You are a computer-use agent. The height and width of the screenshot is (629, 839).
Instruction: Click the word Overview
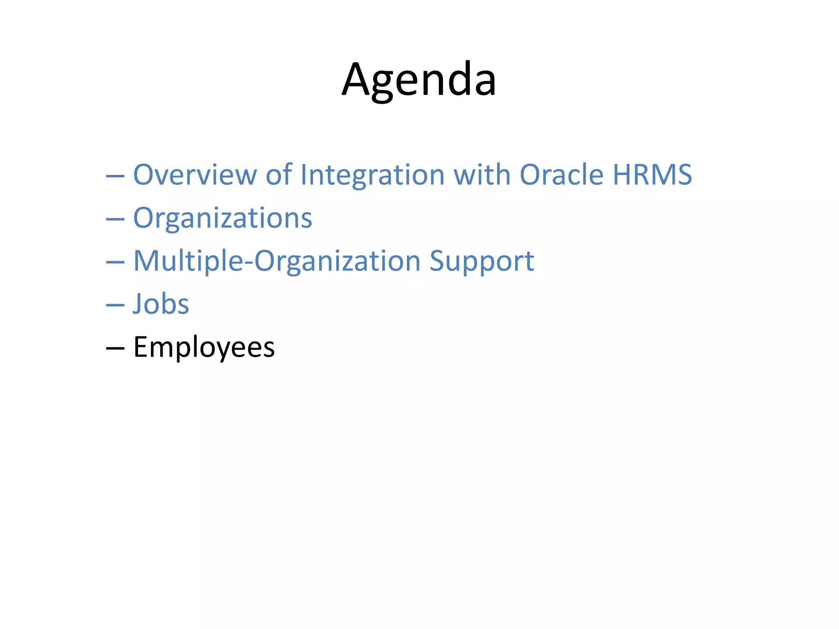click(x=195, y=175)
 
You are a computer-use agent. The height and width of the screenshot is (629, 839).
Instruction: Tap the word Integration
click(x=372, y=175)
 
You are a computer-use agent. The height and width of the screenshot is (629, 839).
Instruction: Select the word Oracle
click(x=562, y=175)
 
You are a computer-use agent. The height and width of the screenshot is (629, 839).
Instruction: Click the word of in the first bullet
click(x=279, y=175)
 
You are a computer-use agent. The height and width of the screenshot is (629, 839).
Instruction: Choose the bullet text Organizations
click(x=222, y=218)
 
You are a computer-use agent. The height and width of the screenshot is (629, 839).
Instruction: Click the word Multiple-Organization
click(x=277, y=261)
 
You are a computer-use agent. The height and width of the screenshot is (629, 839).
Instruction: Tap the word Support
click(x=482, y=261)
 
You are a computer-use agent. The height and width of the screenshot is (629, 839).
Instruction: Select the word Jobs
click(x=161, y=304)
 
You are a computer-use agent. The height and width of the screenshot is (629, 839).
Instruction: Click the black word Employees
click(x=204, y=347)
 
